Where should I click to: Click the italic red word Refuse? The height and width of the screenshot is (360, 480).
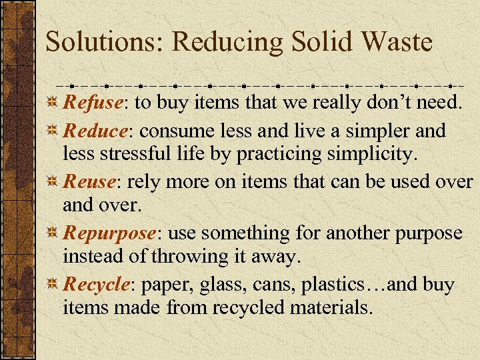pyautogui.click(x=93, y=103)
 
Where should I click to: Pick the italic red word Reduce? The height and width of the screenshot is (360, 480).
pyautogui.click(x=94, y=130)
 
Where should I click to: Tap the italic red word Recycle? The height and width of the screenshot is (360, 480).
pyautogui.click(x=96, y=285)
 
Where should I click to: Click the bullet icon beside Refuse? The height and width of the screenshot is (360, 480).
pyautogui.click(x=53, y=104)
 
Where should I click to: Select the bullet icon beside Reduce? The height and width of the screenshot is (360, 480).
pyautogui.click(x=53, y=131)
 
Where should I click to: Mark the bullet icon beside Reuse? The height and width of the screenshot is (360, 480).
pyautogui.click(x=53, y=182)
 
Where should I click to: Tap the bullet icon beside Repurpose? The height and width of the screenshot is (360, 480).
pyautogui.click(x=53, y=234)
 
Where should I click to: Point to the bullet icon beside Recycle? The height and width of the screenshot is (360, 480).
pyautogui.click(x=53, y=285)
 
